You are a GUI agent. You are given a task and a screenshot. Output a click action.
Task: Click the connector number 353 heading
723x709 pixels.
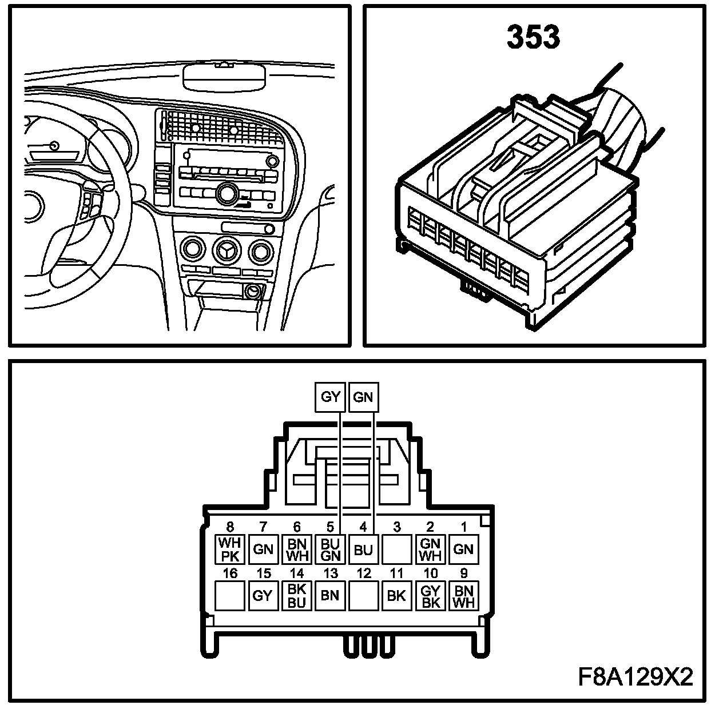(x=533, y=38)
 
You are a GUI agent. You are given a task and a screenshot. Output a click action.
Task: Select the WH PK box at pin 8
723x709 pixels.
(x=230, y=549)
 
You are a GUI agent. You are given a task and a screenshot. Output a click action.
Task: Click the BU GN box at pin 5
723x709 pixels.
(x=330, y=549)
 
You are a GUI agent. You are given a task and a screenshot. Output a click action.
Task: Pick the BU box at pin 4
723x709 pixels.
(x=363, y=549)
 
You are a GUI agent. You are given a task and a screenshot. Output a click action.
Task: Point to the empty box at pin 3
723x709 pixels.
(x=396, y=549)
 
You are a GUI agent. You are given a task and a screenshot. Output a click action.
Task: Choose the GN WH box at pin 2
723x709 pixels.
(x=430, y=549)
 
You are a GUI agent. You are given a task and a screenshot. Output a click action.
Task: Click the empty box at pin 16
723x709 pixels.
(x=230, y=596)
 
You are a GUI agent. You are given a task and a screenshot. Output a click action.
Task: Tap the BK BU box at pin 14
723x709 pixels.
(x=297, y=596)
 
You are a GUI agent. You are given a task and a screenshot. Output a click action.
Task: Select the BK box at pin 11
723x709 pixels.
(x=396, y=596)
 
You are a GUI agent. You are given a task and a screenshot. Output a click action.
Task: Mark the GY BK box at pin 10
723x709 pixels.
(x=430, y=596)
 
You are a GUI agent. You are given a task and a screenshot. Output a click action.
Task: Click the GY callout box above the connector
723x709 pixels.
(x=331, y=397)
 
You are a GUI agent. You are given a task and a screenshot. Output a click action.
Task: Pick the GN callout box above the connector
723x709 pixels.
(x=363, y=397)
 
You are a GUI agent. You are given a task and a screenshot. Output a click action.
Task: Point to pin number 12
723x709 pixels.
(x=363, y=573)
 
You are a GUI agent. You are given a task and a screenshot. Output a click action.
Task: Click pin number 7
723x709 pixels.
(x=263, y=527)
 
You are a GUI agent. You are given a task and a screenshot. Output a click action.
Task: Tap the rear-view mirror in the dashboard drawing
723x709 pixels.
(x=225, y=77)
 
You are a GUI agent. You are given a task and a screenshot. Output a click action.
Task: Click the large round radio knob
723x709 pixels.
(x=227, y=194)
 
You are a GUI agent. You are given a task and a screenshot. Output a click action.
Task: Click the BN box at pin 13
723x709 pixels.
(x=330, y=596)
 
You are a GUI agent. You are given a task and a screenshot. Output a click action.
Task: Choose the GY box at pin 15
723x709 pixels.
(x=263, y=596)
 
